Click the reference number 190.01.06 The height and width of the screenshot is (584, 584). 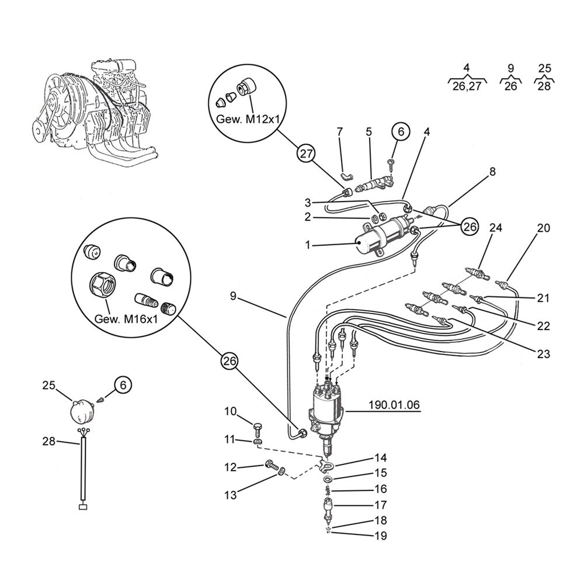(394, 405)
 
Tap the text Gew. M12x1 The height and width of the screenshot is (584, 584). (248, 119)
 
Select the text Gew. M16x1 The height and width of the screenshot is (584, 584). (126, 319)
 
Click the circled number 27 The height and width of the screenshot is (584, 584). (306, 154)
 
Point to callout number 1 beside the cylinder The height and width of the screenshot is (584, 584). (308, 245)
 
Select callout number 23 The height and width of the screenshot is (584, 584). (543, 353)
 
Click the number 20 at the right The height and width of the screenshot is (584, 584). (544, 228)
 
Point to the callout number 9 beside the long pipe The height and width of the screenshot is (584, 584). (233, 297)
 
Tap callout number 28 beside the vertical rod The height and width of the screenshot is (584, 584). (49, 442)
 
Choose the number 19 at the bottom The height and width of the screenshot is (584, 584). (381, 536)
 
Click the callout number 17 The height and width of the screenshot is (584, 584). (381, 505)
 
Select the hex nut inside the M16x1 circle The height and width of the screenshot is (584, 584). (102, 286)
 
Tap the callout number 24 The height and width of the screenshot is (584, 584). (496, 227)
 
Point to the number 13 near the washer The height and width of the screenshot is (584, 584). (231, 495)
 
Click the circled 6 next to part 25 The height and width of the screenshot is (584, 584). (123, 385)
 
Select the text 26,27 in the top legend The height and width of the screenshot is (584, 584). (467, 86)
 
